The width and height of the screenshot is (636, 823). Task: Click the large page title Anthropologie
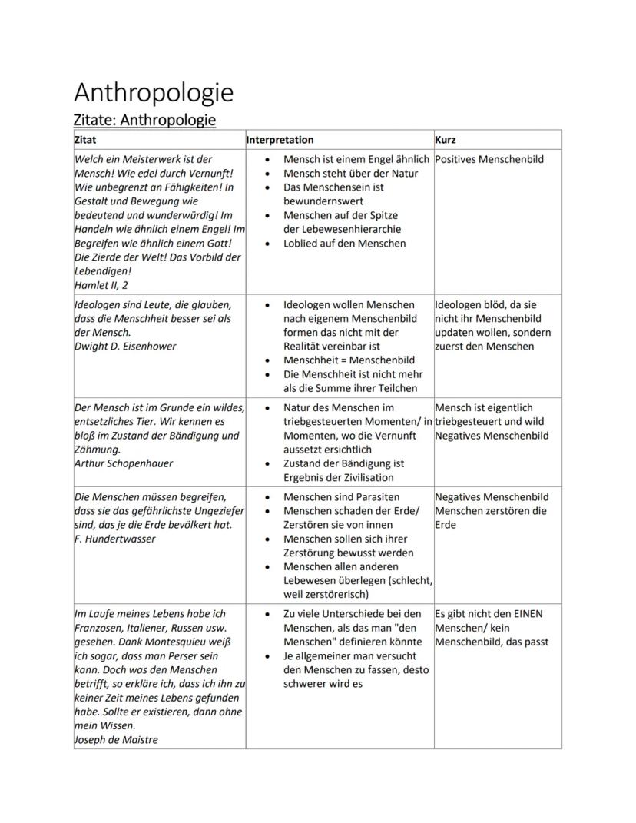click(x=154, y=92)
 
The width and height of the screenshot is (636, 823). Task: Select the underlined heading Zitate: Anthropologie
click(x=144, y=120)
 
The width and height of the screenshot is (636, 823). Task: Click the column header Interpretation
click(x=280, y=140)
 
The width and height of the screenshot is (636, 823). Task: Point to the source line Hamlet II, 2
click(x=101, y=285)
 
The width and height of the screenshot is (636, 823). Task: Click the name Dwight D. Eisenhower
click(x=125, y=347)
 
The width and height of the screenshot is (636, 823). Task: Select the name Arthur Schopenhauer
click(x=124, y=463)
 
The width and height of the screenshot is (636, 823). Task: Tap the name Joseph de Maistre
click(x=116, y=740)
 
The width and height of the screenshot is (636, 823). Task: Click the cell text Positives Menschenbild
click(x=489, y=159)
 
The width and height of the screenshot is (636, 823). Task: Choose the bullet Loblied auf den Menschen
click(x=345, y=243)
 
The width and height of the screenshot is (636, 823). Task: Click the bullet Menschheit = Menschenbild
click(x=349, y=360)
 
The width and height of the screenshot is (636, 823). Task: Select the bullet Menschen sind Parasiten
click(x=341, y=497)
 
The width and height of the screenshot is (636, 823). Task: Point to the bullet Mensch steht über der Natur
click(x=351, y=173)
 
